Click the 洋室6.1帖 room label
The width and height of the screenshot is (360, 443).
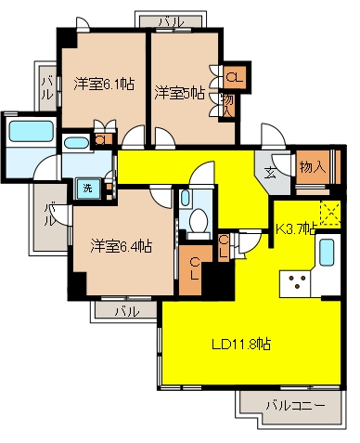[x=104, y=84]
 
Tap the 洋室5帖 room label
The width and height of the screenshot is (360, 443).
[x=179, y=93]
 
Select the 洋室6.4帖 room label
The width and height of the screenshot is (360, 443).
[x=121, y=246]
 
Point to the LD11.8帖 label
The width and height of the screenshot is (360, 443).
[x=241, y=344]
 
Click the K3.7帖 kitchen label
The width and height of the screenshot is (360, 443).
[x=296, y=228]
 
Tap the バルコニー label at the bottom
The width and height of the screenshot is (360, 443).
[x=296, y=405]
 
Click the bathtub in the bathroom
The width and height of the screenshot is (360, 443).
[x=31, y=131]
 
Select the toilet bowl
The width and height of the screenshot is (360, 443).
[x=199, y=221]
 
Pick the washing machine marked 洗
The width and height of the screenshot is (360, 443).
[x=88, y=188]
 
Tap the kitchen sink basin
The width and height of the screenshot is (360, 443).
[x=327, y=253]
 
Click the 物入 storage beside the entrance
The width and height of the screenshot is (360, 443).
[x=313, y=167]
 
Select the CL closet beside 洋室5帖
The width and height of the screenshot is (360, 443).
[x=235, y=76]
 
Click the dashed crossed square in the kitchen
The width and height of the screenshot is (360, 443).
[x=330, y=213]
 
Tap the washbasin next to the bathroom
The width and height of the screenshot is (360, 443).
[x=76, y=143]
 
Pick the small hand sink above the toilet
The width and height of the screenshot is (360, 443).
[x=185, y=198]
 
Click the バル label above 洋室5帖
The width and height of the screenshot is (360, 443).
[x=172, y=22]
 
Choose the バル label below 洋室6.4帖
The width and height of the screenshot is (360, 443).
[x=127, y=311]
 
